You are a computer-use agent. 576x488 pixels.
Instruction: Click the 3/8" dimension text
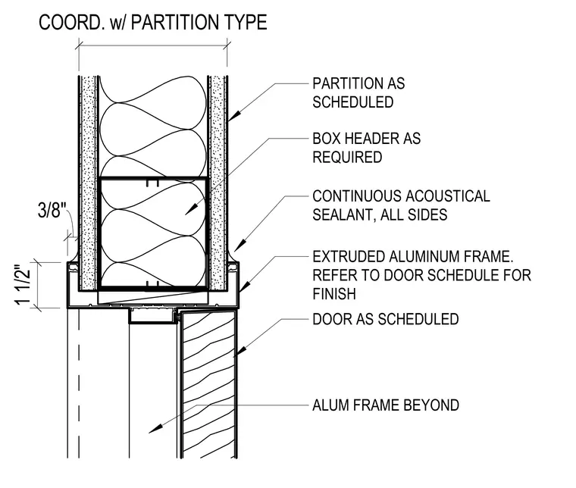pyautogui.click(x=52, y=211)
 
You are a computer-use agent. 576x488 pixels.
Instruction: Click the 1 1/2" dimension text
pyautogui.click(x=23, y=285)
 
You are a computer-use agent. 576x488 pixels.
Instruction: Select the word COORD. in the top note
pyautogui.click(x=70, y=23)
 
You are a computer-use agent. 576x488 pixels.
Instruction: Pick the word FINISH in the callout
pyautogui.click(x=334, y=294)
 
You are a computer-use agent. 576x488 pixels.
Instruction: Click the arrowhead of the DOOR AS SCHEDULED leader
pyautogui.click(x=239, y=352)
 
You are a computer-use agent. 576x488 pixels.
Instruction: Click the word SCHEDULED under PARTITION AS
pyautogui.click(x=352, y=102)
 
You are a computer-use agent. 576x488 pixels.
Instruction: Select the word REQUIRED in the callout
pyautogui.click(x=347, y=157)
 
